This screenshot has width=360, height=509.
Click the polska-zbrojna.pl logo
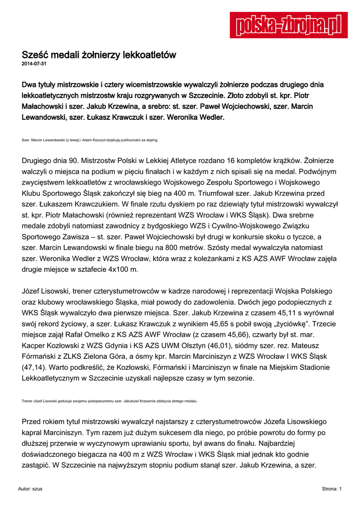(x=288, y=25)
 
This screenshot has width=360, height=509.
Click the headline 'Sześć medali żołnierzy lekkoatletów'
(x=99, y=55)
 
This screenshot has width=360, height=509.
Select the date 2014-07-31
(x=34, y=65)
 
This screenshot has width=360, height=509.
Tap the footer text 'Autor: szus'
(x=30, y=489)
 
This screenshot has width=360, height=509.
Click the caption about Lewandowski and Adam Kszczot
(x=90, y=140)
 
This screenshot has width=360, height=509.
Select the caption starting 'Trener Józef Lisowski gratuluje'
(x=109, y=401)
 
